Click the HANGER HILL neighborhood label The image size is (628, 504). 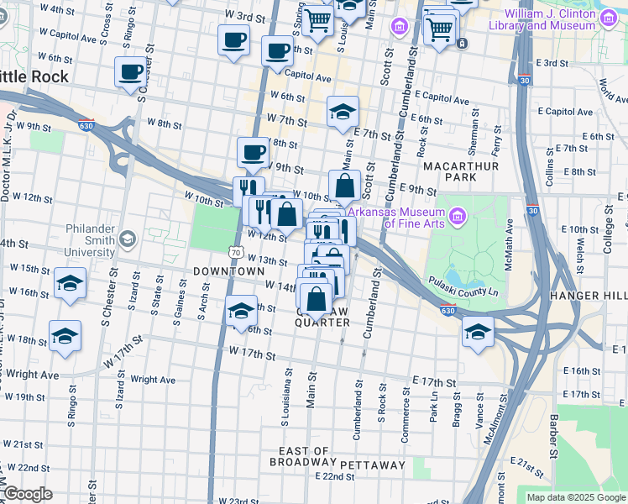[x=588, y=297]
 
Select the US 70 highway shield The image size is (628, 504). [x=236, y=252]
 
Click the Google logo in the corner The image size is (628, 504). [x=28, y=494]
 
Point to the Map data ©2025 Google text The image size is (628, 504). [x=576, y=497]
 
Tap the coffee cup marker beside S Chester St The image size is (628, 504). [x=130, y=73]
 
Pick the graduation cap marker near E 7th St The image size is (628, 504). [x=343, y=112]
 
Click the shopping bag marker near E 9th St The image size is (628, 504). [x=344, y=186]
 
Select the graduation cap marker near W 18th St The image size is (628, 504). [x=65, y=338]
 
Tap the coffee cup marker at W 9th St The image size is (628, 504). [x=253, y=153]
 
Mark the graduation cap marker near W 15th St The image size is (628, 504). [x=70, y=284]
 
